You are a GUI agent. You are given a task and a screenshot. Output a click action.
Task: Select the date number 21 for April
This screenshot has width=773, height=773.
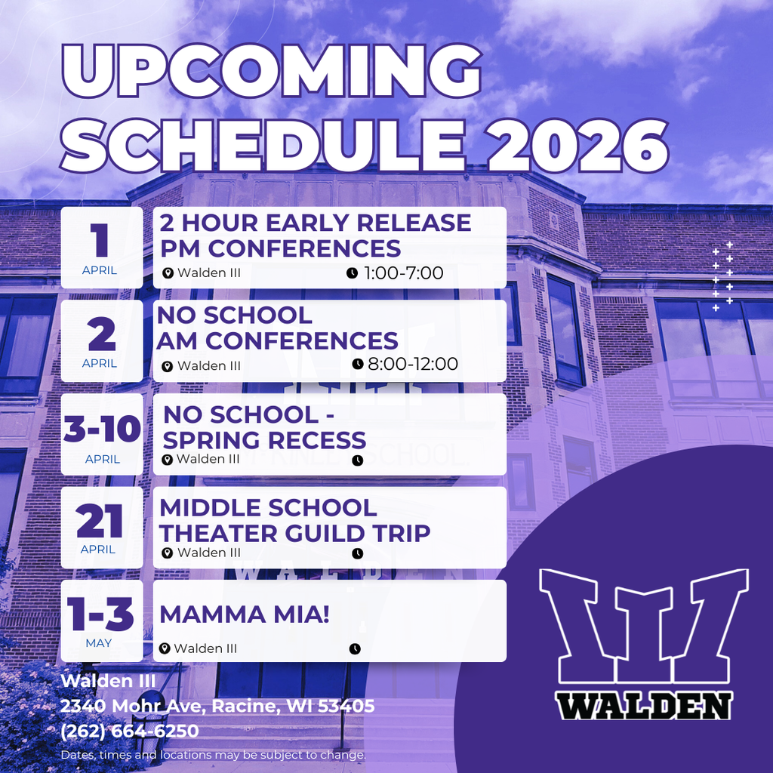[100, 521]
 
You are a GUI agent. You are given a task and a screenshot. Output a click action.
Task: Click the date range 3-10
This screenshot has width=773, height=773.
[102, 430]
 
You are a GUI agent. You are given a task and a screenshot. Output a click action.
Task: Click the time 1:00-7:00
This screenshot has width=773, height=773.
[403, 273]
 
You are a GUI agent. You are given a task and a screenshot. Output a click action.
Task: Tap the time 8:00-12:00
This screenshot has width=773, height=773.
[412, 364]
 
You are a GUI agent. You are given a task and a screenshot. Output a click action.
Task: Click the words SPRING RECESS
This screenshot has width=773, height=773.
[264, 439]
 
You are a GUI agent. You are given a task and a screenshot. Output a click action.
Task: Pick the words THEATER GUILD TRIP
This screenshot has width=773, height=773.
[295, 533]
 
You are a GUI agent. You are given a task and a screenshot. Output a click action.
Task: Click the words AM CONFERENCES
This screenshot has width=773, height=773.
[277, 340]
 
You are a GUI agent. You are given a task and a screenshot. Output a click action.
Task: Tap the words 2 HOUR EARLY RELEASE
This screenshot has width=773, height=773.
[316, 223]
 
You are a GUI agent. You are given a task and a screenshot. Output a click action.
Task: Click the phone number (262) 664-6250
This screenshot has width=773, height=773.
[130, 731]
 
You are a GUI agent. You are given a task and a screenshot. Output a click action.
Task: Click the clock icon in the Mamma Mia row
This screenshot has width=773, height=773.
[355, 648]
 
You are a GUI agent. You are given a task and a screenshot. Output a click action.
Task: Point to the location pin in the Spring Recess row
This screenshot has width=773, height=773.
[168, 459]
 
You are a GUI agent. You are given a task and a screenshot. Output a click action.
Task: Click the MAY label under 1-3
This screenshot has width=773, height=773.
[98, 643]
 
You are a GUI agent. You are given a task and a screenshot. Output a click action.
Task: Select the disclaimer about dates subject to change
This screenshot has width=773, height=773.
[214, 755]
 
